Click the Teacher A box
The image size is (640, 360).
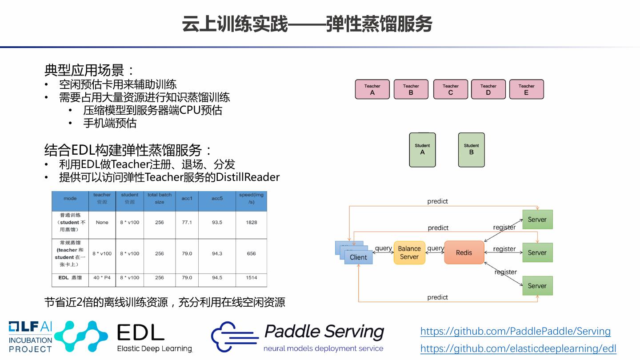[x=372, y=89]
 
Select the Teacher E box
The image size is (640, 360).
[x=526, y=89]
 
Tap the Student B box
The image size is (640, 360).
[x=471, y=150]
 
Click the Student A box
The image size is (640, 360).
[x=422, y=150]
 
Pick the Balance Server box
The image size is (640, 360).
[x=409, y=252]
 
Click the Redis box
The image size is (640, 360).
[x=464, y=252]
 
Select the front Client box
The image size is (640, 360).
[x=359, y=257]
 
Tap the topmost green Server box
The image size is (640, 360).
[x=537, y=220]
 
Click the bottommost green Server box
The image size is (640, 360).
[x=537, y=286]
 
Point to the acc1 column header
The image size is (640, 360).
[x=187, y=199]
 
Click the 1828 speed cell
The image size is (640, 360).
[x=252, y=222]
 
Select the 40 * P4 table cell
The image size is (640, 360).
[x=102, y=278]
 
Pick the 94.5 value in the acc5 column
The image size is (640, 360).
[x=217, y=278]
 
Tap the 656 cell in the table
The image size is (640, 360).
[x=252, y=254]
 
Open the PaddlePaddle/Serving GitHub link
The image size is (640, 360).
[x=515, y=331]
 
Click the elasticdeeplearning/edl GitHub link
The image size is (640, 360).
[x=518, y=348]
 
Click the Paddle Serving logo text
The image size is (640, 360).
[x=324, y=332]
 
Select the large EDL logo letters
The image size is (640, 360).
[x=140, y=332]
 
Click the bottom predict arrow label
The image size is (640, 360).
[x=437, y=297]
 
